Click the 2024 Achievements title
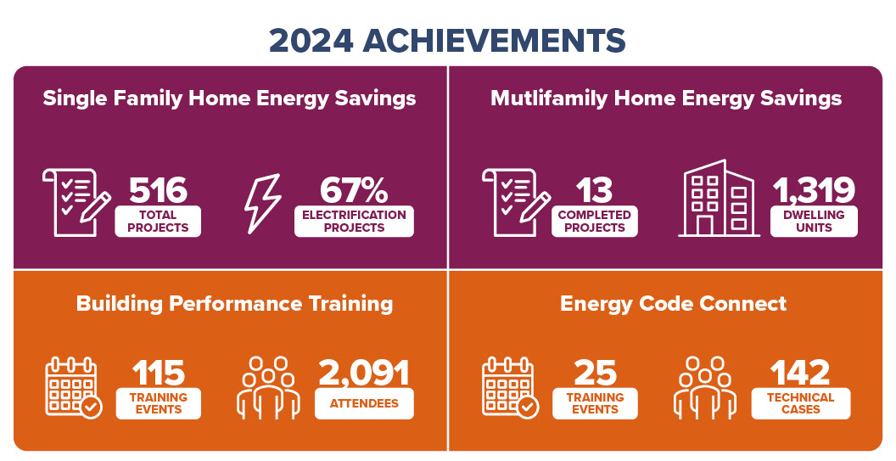click(x=447, y=40)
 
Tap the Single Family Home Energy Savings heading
click(x=229, y=98)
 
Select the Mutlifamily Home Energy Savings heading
click(x=666, y=98)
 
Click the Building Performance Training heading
click(x=234, y=303)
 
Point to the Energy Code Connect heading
click(x=673, y=303)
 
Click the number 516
click(x=158, y=190)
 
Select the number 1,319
click(x=814, y=190)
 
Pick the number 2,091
click(x=364, y=372)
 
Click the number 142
click(x=799, y=372)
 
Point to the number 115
click(x=158, y=372)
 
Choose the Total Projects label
click(x=158, y=221)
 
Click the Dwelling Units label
click(x=814, y=221)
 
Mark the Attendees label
click(x=364, y=403)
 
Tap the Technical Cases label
click(x=800, y=403)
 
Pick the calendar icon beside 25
click(x=509, y=387)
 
